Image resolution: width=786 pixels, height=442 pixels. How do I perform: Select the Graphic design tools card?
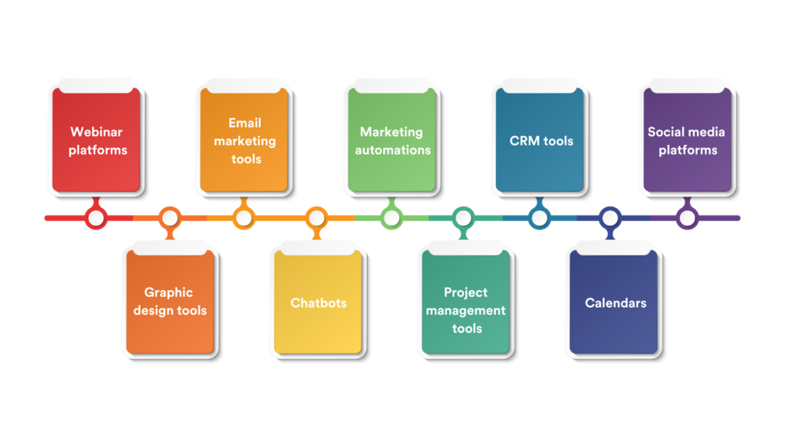click(170, 301)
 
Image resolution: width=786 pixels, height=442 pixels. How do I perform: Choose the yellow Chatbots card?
click(318, 302)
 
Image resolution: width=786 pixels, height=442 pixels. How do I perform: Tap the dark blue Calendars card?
click(614, 302)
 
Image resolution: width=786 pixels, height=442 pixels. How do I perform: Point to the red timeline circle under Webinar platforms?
click(96, 219)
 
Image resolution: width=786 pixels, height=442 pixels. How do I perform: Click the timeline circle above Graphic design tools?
click(170, 219)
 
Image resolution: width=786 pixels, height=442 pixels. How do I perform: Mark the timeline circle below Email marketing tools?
click(243, 219)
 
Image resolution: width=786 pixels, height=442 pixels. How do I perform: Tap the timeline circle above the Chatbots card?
click(317, 219)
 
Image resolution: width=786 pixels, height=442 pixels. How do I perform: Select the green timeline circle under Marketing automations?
click(391, 219)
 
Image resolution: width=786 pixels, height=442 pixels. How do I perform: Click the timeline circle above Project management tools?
click(463, 219)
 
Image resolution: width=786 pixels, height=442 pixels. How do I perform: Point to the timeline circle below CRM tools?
click(540, 219)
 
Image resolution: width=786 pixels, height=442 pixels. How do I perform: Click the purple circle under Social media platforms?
click(687, 219)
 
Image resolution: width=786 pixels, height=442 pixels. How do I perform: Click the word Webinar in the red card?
click(97, 132)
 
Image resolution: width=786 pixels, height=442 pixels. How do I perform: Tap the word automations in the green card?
click(392, 150)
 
